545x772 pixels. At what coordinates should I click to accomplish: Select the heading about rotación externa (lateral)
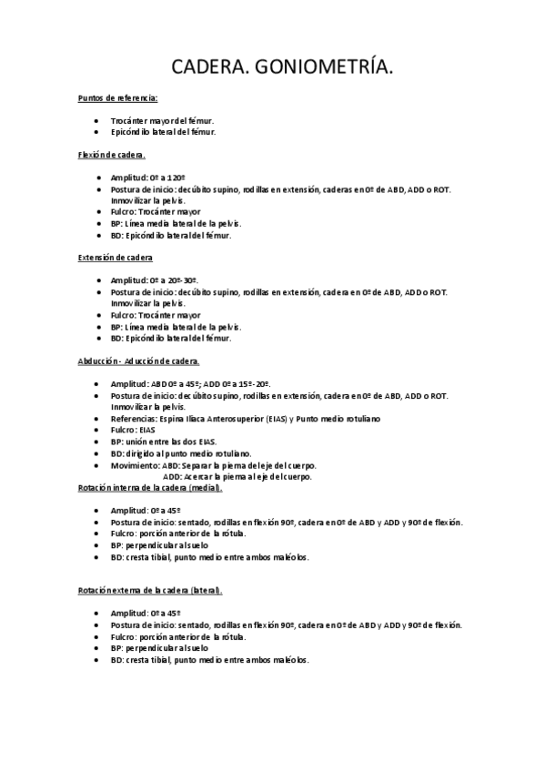click(150, 591)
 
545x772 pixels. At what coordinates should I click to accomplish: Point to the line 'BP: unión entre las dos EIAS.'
click(164, 442)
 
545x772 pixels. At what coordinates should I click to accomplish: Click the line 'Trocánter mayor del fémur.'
click(163, 120)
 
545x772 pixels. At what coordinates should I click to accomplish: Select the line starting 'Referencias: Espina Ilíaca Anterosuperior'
click(246, 418)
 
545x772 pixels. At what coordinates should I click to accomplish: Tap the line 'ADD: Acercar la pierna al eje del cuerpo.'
click(237, 476)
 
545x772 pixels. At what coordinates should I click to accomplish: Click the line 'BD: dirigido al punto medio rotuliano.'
click(181, 453)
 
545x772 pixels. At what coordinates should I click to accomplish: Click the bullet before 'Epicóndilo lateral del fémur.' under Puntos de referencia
click(96, 132)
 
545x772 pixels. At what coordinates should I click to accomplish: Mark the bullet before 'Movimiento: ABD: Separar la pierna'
click(96, 465)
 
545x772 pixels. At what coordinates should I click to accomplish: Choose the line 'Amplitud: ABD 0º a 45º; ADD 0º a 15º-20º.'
click(190, 383)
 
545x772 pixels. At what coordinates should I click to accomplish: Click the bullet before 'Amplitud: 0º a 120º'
click(96, 178)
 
